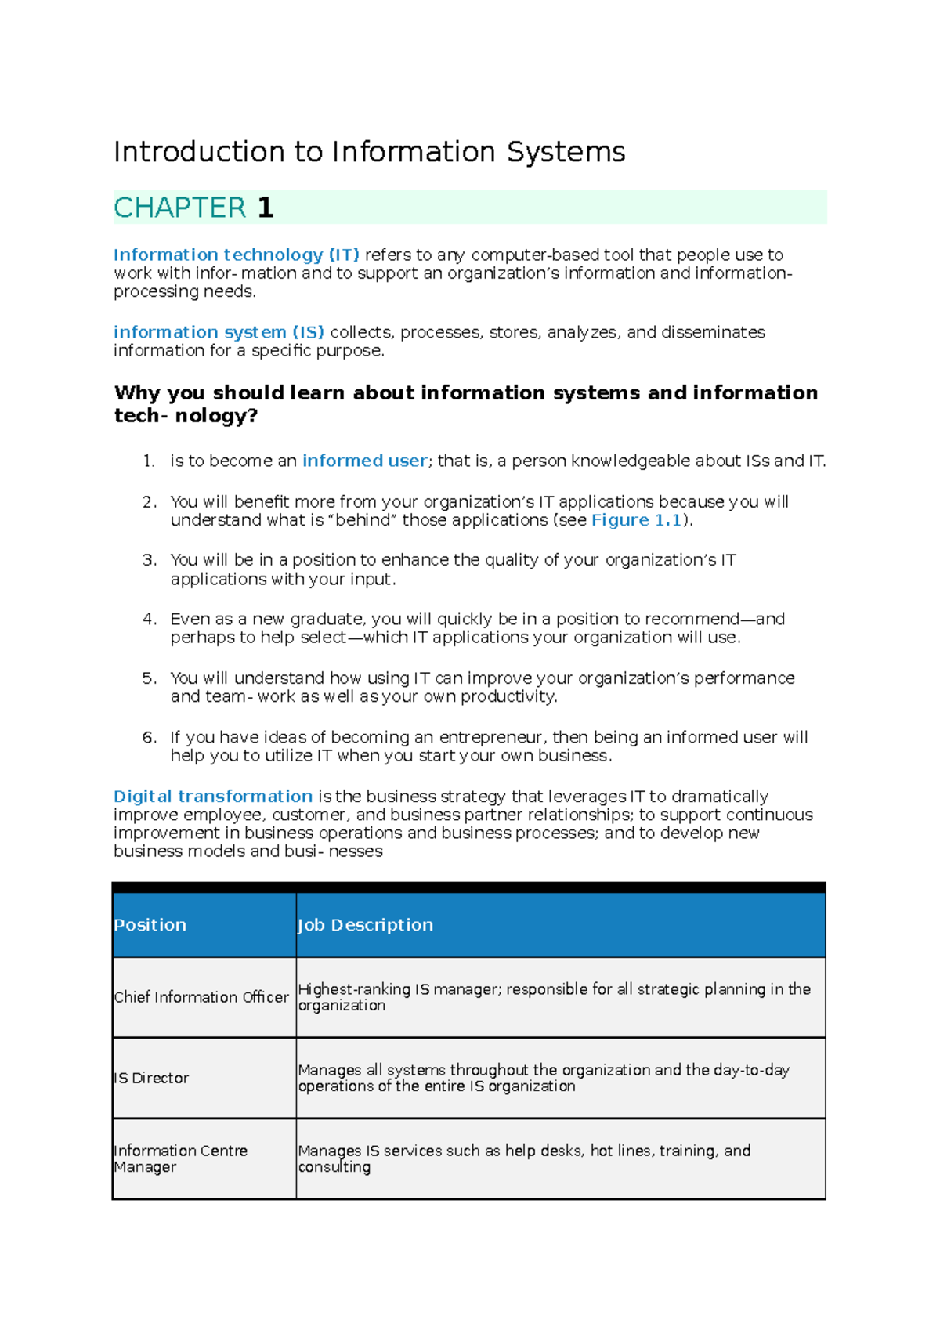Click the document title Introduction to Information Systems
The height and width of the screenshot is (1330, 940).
click(369, 152)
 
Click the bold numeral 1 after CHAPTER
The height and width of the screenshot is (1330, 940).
click(266, 208)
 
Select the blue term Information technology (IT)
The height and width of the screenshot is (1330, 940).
click(236, 255)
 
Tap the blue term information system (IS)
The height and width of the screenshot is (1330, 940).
click(219, 332)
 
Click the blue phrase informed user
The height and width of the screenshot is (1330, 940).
click(364, 461)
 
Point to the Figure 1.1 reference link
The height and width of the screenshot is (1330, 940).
click(636, 521)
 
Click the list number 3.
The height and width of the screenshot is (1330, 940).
click(149, 561)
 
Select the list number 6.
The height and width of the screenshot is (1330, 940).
click(149, 738)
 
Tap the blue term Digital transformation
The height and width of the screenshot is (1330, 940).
click(213, 797)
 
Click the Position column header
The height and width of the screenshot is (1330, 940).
click(150, 925)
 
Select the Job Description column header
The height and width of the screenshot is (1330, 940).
click(365, 925)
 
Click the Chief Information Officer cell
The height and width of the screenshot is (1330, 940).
click(201, 997)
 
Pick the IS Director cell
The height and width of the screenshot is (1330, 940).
click(152, 1079)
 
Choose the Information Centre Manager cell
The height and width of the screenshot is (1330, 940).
click(180, 1158)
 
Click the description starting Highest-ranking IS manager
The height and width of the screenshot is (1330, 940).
click(553, 997)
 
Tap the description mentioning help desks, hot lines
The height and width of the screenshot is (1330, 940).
click(523, 1158)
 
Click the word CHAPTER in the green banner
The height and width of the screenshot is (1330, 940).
click(179, 208)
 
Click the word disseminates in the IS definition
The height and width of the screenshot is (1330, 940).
click(713, 332)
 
